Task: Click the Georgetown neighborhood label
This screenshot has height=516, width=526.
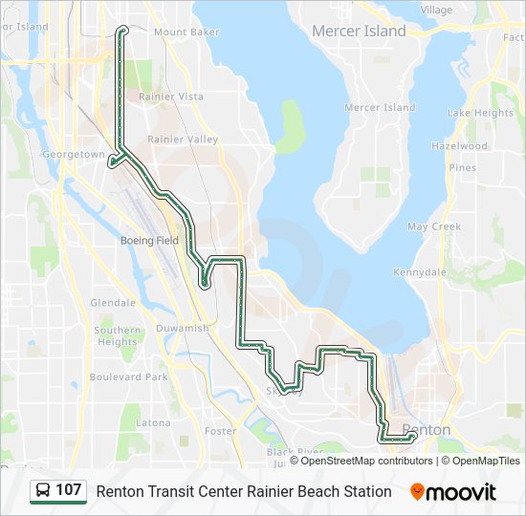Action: click(73, 154)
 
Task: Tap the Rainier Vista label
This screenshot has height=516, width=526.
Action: click(171, 97)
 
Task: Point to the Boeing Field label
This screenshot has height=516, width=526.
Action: click(149, 241)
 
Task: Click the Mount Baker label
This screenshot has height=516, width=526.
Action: click(186, 32)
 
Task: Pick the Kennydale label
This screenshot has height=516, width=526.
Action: click(420, 272)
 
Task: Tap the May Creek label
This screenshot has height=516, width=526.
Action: click(433, 226)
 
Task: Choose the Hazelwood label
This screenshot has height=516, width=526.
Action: click(459, 146)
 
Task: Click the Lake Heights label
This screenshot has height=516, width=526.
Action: click(480, 113)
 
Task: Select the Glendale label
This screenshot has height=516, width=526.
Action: click(113, 303)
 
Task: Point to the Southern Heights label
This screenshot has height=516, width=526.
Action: click(117, 335)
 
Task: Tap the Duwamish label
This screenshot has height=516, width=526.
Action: click(183, 328)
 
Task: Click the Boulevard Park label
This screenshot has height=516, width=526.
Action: click(128, 377)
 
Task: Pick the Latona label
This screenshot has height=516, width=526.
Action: click(153, 422)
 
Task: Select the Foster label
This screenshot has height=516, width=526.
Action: click(220, 431)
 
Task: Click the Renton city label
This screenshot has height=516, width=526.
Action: click(427, 430)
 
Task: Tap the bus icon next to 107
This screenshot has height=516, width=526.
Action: click(43, 491)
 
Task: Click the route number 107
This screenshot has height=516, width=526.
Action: click(69, 491)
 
